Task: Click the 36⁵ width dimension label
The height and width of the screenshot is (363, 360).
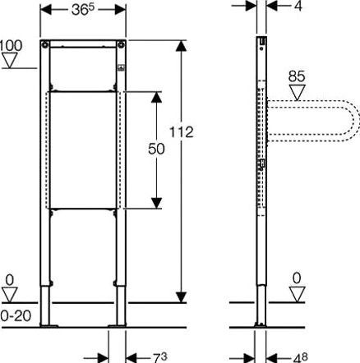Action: [83, 10]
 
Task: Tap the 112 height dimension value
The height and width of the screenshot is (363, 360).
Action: [182, 132]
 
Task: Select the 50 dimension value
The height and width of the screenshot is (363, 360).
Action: [156, 149]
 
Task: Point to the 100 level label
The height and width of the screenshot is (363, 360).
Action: [11, 45]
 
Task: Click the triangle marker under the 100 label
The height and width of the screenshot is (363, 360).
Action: [11, 60]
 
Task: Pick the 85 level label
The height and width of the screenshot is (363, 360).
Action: [297, 76]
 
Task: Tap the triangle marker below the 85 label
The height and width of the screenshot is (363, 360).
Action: [298, 93]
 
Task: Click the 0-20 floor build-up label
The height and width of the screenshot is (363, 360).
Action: [16, 316]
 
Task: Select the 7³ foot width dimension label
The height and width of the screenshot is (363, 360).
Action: [159, 357]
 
